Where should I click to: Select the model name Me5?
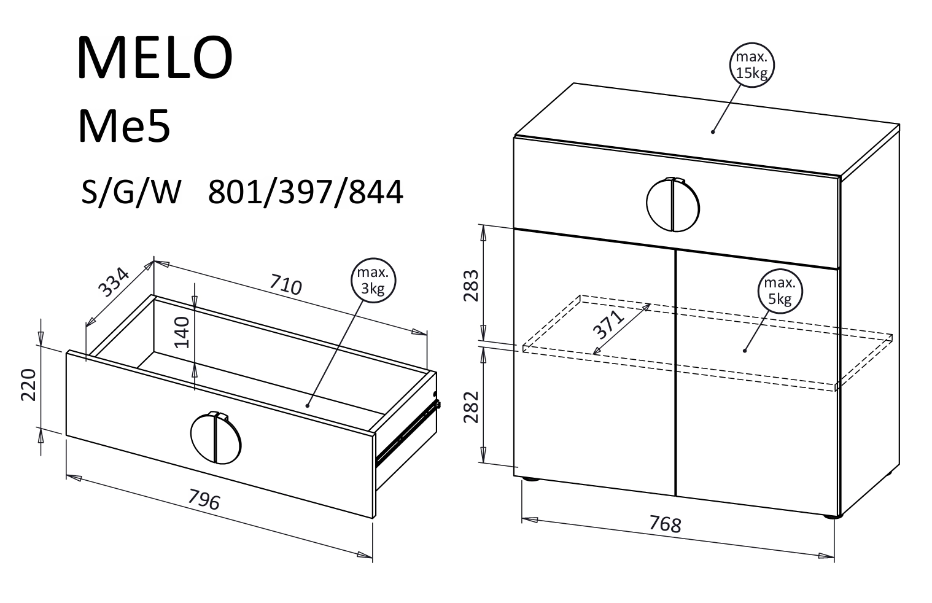point(124,126)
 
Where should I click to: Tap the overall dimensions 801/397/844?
point(305,192)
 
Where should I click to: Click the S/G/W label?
point(131,192)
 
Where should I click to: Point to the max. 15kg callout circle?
point(751,65)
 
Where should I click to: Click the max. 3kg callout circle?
point(373,280)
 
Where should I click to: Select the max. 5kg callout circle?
point(779,291)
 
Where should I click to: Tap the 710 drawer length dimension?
point(285,284)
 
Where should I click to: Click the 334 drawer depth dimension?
point(114,283)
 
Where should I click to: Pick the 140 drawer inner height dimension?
point(182,332)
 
